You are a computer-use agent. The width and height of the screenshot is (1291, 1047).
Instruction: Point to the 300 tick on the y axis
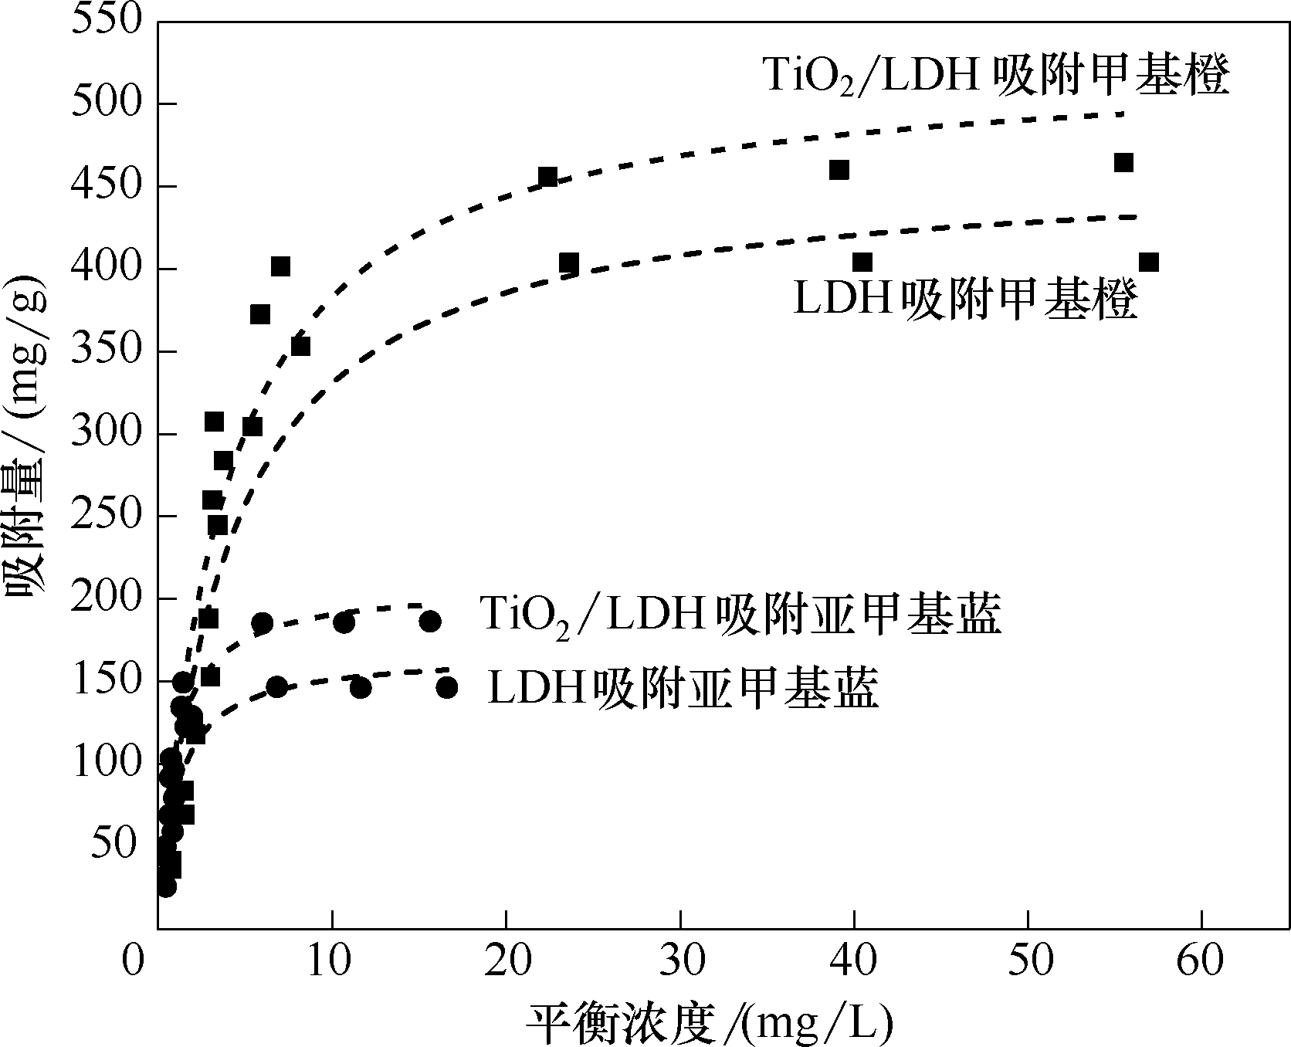107,433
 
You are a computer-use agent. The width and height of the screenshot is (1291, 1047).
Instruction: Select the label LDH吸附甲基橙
965,300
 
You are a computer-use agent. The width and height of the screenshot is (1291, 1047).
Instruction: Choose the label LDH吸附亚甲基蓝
683,687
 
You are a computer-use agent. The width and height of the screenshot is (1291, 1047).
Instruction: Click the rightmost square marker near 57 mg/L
1148,263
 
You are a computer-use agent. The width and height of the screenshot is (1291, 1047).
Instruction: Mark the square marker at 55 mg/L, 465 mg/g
1123,163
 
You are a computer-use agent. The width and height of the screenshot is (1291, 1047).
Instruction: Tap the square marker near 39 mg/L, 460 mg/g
839,170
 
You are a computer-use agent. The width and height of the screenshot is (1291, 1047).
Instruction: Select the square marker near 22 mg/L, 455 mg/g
548,177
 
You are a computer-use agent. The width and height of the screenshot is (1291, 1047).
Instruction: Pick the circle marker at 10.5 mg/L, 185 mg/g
344,622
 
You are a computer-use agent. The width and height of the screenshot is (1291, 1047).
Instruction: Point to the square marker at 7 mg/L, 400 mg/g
280,267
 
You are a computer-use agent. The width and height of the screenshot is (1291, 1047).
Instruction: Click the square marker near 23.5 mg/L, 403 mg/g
569,263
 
